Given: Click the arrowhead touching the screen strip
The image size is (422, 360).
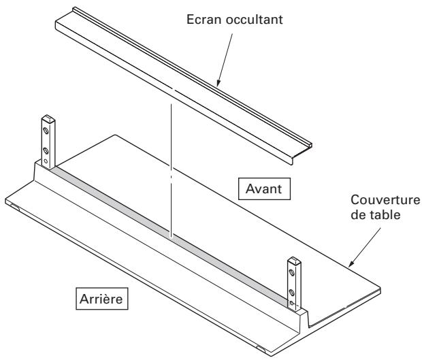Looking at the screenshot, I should tap(218, 83).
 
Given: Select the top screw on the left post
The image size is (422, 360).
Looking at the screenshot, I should tap(46, 129).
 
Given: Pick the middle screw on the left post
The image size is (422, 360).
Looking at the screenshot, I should tap(46, 149).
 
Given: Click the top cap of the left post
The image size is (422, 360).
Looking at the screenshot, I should tap(46, 118).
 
